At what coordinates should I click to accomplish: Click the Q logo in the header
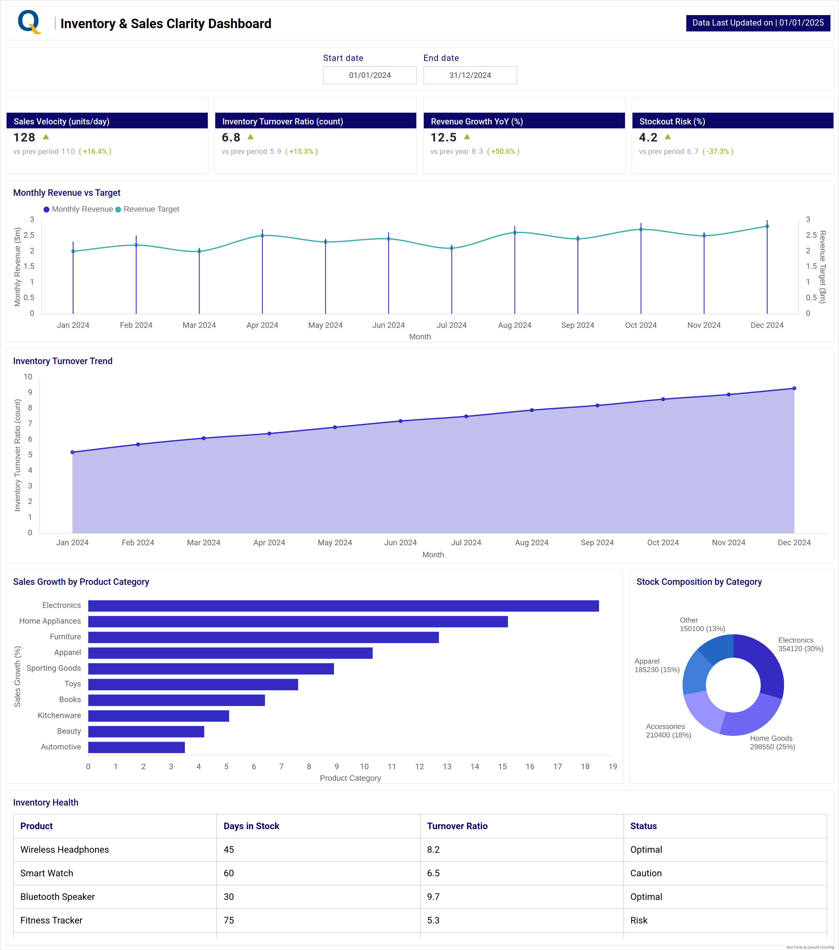[x=29, y=22]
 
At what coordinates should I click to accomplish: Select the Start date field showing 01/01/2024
[x=370, y=75]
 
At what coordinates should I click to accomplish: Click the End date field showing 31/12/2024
[x=470, y=75]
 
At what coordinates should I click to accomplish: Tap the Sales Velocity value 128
[x=24, y=138]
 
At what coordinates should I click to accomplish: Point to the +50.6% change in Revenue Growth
[x=503, y=152]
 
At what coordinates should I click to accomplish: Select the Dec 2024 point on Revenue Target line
[x=767, y=226]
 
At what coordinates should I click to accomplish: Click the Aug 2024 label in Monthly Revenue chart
[x=514, y=325]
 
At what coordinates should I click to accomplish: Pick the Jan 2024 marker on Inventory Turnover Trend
[x=72, y=452]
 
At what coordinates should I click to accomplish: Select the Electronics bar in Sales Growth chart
[x=343, y=605]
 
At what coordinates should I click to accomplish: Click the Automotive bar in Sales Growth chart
[x=136, y=747]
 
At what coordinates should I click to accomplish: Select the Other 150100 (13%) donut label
[x=702, y=624]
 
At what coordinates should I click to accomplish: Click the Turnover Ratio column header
[x=457, y=826]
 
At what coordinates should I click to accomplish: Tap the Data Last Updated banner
[x=758, y=23]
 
